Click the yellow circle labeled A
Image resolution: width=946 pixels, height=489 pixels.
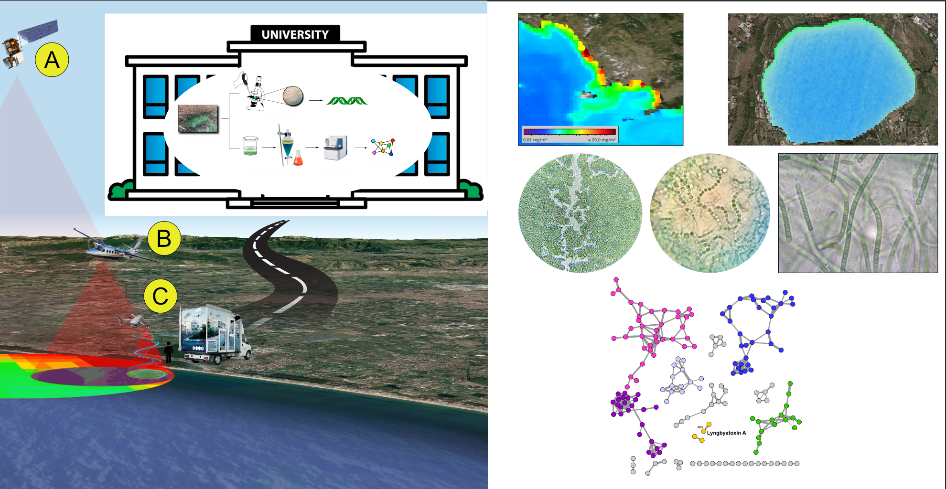52,60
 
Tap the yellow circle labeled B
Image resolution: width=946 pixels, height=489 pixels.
164,238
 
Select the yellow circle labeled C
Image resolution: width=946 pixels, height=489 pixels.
161,296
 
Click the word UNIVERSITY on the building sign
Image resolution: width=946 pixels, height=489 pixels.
295,34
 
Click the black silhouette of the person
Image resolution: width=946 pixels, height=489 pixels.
169,352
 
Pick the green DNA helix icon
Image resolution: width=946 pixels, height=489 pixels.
347,101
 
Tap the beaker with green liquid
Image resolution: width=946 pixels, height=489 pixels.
250,146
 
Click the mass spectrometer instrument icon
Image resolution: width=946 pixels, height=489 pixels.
335,147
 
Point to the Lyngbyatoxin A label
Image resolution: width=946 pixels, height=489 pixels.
726,433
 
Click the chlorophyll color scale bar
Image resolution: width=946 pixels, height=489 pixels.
570,132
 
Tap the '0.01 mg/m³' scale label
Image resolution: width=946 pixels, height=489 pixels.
535,140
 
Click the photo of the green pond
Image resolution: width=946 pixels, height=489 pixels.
198,119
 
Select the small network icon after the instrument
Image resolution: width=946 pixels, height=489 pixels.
383,147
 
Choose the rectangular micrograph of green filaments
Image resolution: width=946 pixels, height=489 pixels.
858,213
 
